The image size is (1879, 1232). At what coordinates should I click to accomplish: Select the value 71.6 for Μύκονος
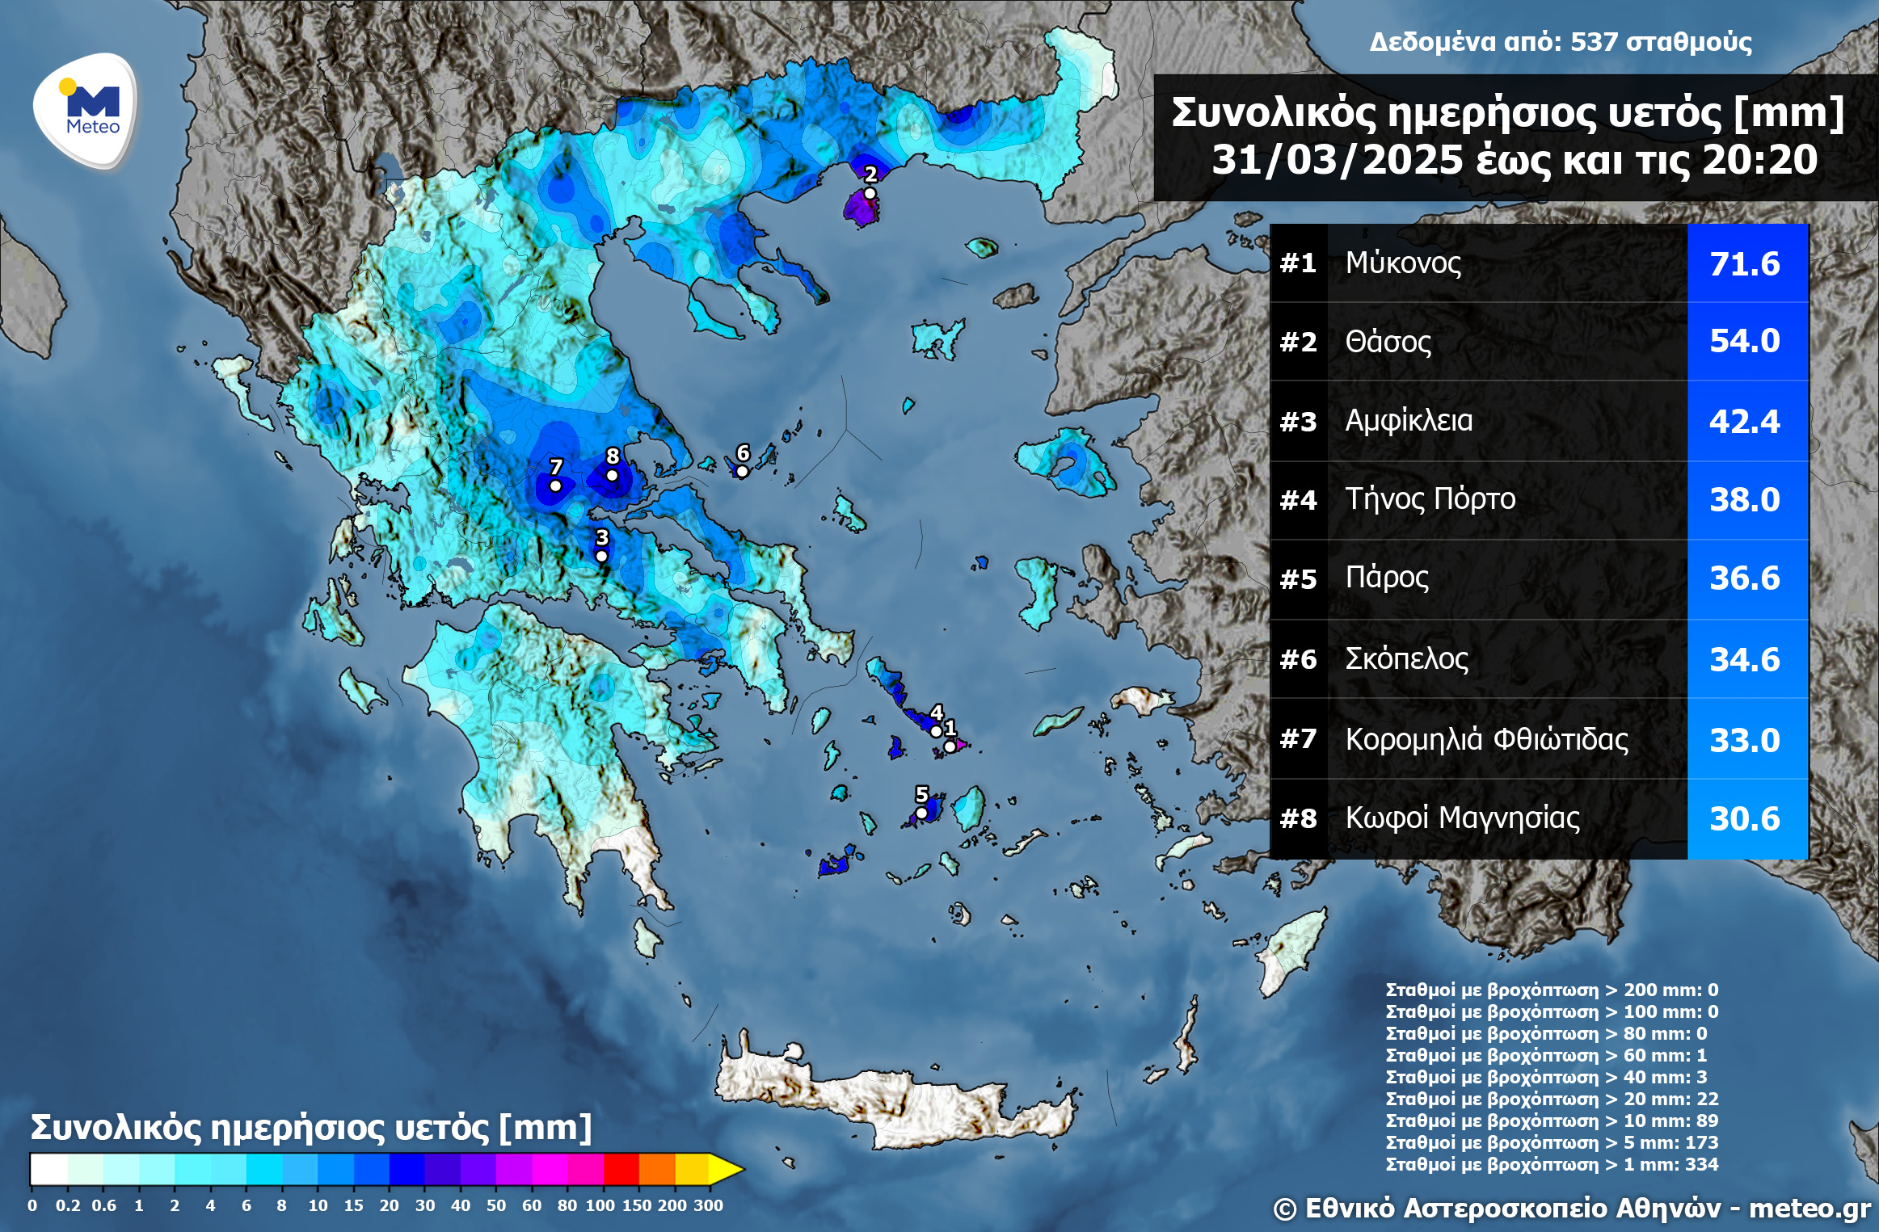(x=1744, y=264)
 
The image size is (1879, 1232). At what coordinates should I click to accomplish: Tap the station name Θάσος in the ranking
(x=1388, y=342)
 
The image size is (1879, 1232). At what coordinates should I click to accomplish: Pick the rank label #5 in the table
(x=1298, y=579)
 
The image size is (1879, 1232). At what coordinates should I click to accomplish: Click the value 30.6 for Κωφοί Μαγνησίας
(x=1744, y=818)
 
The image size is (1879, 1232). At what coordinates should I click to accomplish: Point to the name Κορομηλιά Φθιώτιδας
(x=1486, y=739)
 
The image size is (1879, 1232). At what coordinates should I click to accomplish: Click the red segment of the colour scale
(x=621, y=1168)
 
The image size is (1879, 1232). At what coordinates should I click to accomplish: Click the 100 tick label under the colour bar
(x=600, y=1205)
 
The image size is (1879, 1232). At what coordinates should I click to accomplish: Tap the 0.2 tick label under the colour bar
(x=67, y=1205)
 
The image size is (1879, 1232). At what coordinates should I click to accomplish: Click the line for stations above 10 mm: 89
(x=1552, y=1121)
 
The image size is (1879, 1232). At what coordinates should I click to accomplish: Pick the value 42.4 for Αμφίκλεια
(x=1744, y=422)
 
